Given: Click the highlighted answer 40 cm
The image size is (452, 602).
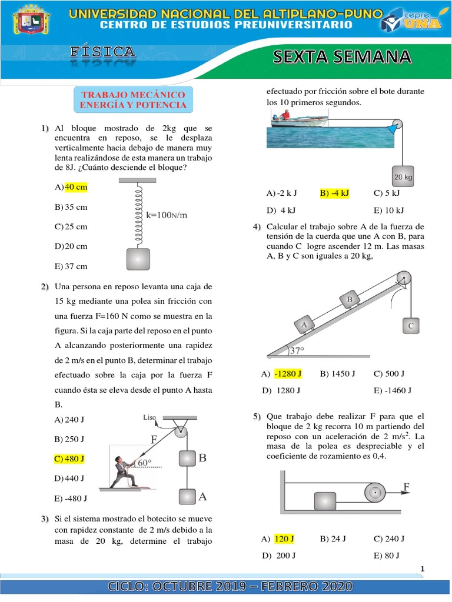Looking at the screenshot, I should point(75,187).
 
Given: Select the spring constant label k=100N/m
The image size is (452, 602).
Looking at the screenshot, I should point(167,215).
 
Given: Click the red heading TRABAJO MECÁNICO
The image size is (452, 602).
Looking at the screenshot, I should point(133,95).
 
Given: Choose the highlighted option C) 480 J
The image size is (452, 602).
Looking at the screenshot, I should point(69,458).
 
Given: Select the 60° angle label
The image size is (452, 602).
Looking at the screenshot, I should point(145,463).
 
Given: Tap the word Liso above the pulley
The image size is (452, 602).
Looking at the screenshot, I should point(149,418).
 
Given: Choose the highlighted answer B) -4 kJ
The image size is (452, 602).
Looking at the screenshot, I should point(334,193).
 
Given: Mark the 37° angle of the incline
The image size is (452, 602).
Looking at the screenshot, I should point(297,351).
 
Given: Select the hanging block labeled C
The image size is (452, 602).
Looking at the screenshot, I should point(410,325).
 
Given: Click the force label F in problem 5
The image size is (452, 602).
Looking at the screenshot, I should point(406,486).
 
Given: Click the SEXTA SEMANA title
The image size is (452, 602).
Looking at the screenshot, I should point(341,56).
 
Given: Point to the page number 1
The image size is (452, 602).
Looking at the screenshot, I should point(422,568).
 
